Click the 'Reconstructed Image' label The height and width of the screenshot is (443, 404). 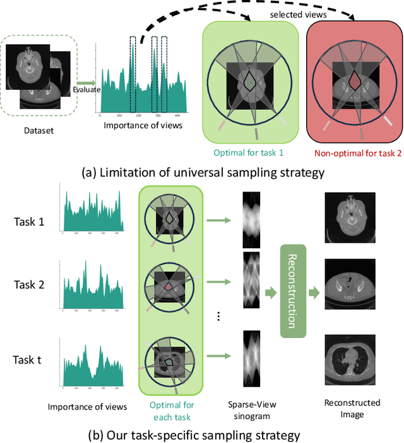click(352, 409)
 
